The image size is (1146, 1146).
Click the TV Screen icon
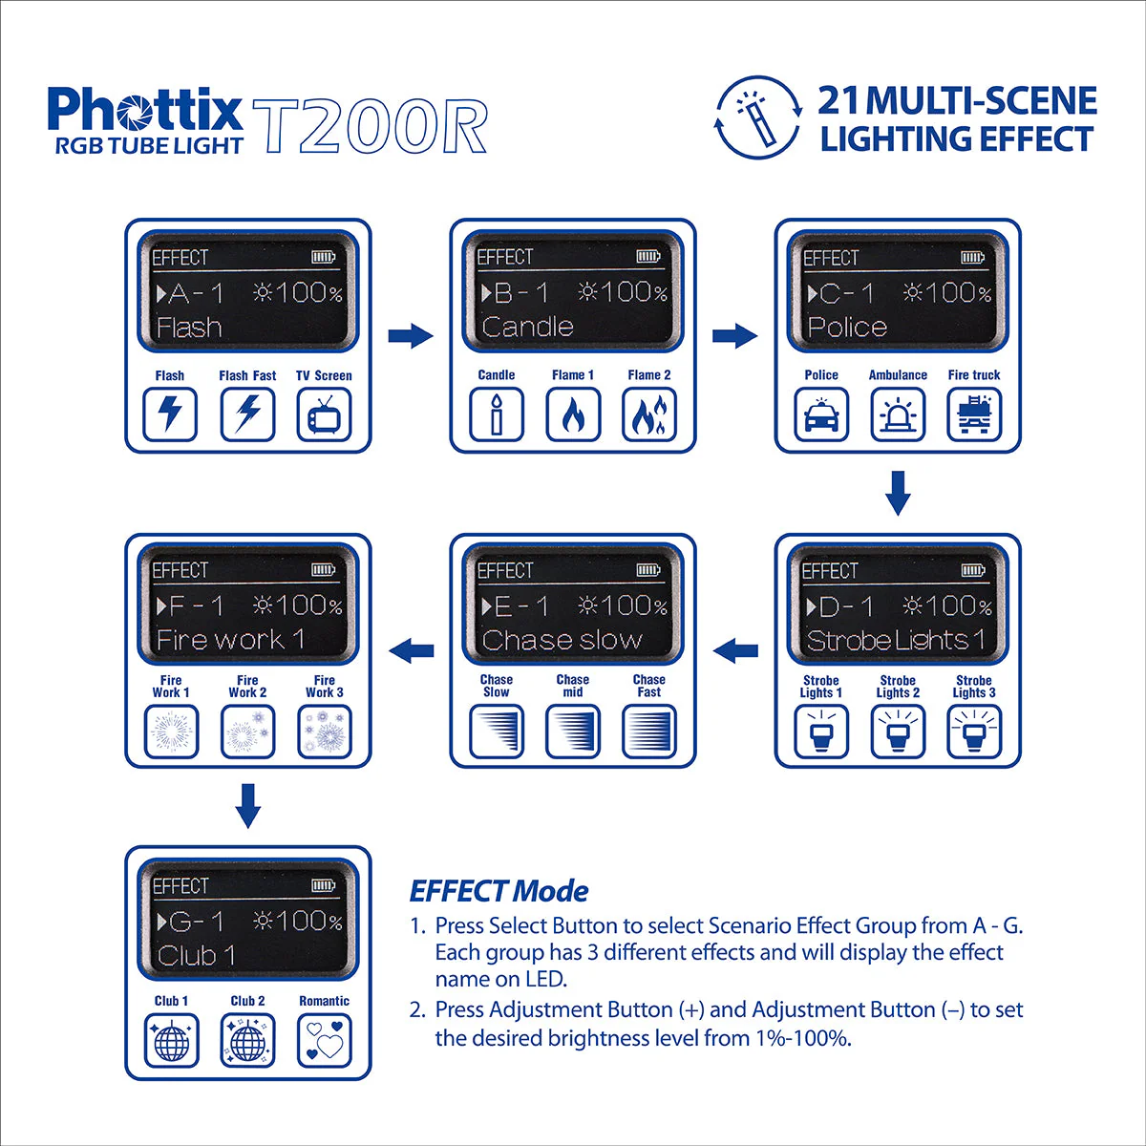pos(324,415)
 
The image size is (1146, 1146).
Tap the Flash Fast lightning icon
pos(247,415)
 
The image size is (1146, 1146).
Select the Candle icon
pos(496,415)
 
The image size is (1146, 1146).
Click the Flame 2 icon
pos(649,415)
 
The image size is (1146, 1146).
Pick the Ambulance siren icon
pos(898,415)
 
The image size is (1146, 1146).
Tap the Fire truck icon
pos(974,415)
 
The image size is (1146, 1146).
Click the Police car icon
pos(821,415)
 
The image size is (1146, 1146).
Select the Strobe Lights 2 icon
pos(898,732)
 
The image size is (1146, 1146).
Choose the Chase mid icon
pos(573,732)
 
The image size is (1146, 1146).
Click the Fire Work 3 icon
pos(324,732)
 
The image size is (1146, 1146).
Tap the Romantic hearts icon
pos(324,1040)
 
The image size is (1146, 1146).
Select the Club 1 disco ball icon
pos(171,1040)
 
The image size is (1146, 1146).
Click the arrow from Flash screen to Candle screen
pos(411,335)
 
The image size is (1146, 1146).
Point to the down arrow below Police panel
pos(898,492)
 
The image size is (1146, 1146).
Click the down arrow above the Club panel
pos(247,805)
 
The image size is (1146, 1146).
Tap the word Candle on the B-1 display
pos(527,327)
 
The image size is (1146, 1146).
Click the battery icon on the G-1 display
pos(323,885)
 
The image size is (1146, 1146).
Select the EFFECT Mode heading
pos(499,891)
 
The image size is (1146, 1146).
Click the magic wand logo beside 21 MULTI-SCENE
pos(758,117)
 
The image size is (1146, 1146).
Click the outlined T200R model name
pos(371,125)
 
